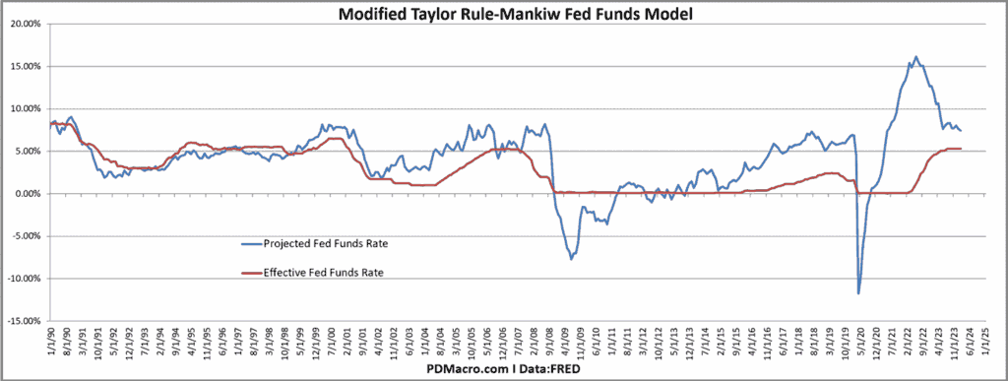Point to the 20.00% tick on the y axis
[25, 24]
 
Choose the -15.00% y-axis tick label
[24, 321]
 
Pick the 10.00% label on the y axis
[25, 108]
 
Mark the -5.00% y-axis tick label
[25, 236]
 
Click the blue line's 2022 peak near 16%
[915, 57]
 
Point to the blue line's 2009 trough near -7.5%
[571, 259]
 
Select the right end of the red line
[961, 149]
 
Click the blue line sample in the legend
[257, 242]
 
